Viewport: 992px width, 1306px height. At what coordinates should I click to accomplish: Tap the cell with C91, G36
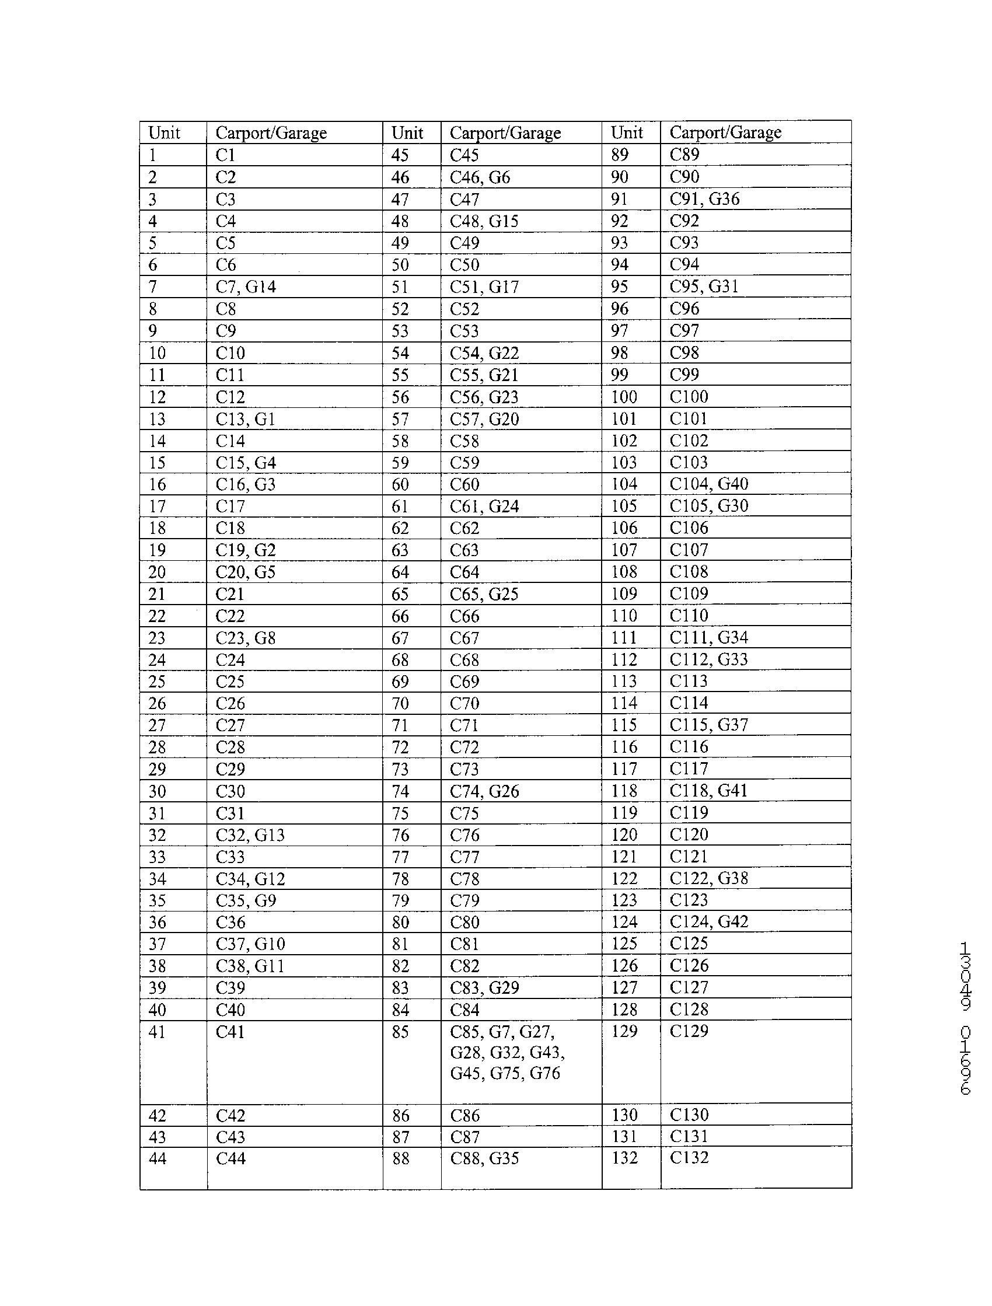704,199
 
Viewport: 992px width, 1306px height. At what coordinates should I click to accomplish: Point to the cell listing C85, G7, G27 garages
507,1052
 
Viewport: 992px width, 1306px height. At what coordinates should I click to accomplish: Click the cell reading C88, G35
484,1158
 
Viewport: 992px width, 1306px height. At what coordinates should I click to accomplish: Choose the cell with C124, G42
708,921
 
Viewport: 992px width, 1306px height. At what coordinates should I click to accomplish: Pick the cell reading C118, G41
708,791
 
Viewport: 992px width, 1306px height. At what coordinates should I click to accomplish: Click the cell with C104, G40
708,484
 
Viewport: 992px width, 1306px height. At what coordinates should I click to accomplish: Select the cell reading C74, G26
484,791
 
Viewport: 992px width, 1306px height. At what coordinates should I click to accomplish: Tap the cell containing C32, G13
250,835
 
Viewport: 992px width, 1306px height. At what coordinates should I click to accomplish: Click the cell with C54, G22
484,353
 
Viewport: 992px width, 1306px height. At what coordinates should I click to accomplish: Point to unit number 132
624,1158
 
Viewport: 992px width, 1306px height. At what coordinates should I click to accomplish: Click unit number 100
624,396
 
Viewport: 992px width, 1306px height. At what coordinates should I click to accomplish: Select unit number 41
157,1032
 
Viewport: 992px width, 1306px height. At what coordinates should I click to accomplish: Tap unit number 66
400,616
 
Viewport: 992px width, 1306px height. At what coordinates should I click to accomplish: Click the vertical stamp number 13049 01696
965,1018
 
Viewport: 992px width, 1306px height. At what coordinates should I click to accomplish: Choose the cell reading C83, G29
484,988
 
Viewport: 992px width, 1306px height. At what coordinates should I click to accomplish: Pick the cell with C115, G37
708,724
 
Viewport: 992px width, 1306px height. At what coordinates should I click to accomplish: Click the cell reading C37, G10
250,944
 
